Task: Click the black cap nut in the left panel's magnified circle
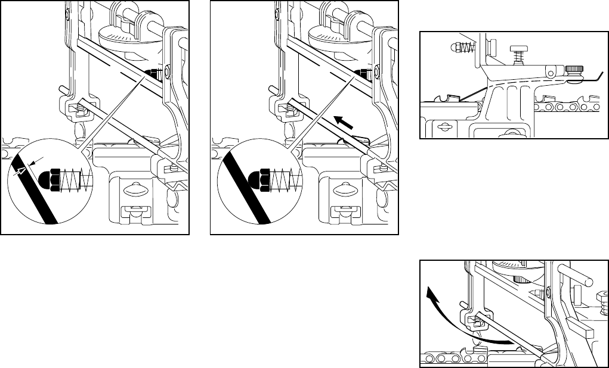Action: tap(50, 179)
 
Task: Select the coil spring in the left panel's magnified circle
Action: tap(75, 178)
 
